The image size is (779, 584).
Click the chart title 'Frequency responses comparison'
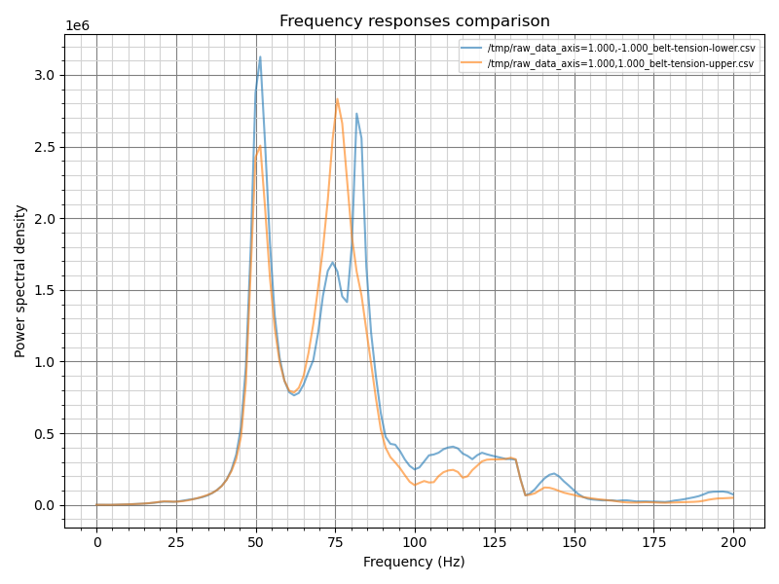[414, 21]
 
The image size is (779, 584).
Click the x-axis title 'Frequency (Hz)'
[414, 562]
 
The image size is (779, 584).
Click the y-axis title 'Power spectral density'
[20, 281]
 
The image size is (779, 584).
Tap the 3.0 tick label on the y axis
[46, 76]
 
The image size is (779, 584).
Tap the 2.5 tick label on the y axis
[46, 148]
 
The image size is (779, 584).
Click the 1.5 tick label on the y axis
[46, 291]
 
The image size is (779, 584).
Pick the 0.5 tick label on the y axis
[46, 434]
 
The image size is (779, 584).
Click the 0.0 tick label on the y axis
[46, 505]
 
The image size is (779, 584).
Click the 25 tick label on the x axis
[176, 542]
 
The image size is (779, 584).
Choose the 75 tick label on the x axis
[335, 542]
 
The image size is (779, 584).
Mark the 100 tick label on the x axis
[415, 542]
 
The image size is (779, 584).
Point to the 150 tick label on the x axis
[574, 542]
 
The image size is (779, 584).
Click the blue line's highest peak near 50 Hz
[260, 56]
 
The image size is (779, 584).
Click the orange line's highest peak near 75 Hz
[337, 98]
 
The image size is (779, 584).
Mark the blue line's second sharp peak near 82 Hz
[356, 113]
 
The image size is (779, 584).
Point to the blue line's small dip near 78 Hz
[347, 302]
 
